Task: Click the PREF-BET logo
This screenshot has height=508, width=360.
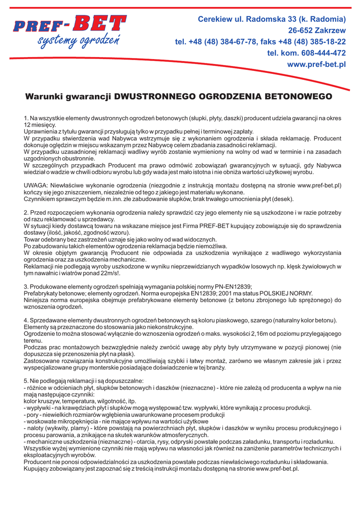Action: click(x=70, y=24)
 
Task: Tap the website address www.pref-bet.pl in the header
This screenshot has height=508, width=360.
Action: click(x=317, y=65)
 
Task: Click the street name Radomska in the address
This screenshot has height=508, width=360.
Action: click(x=260, y=19)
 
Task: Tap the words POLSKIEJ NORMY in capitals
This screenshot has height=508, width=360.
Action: click(x=286, y=293)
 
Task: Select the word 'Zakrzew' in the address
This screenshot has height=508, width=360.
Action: click(x=330, y=30)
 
